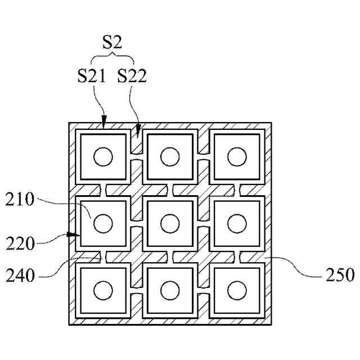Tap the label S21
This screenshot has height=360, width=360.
tap(92, 76)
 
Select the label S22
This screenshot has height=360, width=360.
tap(132, 76)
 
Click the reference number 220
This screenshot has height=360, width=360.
tap(21, 245)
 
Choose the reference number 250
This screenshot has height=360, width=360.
tap(340, 276)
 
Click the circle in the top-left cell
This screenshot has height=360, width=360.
tap(103, 156)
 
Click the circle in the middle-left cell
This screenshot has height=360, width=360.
tap(103, 223)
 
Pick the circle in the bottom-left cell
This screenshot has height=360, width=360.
tap(103, 290)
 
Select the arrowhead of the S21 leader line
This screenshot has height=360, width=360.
tap(103, 119)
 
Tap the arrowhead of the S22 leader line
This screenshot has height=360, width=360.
tap(139, 134)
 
